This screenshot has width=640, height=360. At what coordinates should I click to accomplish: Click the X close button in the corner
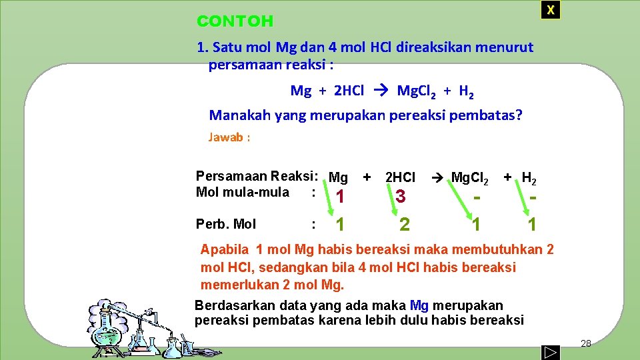point(550,10)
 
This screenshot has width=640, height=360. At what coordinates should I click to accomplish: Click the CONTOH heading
point(235,21)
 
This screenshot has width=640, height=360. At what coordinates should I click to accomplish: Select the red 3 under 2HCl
point(400,196)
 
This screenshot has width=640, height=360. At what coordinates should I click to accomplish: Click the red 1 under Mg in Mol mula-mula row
point(340,197)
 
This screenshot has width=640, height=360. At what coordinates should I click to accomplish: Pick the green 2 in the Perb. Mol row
point(404,224)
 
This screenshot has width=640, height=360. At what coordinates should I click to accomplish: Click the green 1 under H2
point(531,225)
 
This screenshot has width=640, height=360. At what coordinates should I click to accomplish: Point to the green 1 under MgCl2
point(475,225)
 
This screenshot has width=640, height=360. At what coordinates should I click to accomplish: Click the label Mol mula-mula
point(243,193)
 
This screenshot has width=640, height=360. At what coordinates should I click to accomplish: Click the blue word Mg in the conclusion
point(419,305)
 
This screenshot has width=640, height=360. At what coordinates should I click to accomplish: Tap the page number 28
point(586,343)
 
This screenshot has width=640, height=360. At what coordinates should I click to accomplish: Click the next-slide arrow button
point(550,351)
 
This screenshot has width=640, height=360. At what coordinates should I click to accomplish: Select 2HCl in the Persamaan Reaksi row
point(400,177)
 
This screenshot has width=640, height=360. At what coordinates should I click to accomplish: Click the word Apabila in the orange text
point(225,250)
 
